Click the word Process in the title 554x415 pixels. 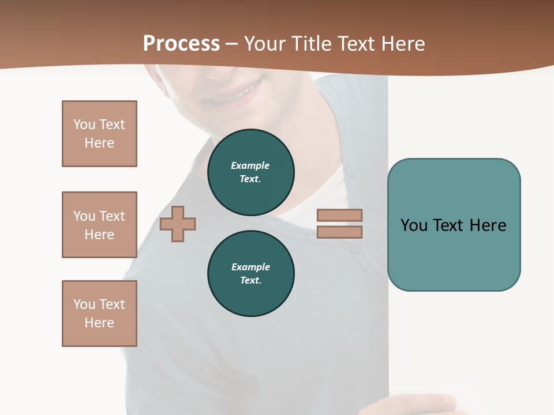click(181, 44)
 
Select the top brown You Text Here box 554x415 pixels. click(99, 134)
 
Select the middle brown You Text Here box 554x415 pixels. click(99, 225)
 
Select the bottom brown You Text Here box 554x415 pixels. click(99, 314)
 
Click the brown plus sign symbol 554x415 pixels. click(178, 224)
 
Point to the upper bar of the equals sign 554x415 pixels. click(339, 216)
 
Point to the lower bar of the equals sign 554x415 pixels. click(339, 232)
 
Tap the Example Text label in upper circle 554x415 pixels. click(250, 172)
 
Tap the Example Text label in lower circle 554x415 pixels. click(250, 274)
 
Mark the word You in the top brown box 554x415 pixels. click(84, 124)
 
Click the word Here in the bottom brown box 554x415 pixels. click(99, 323)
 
